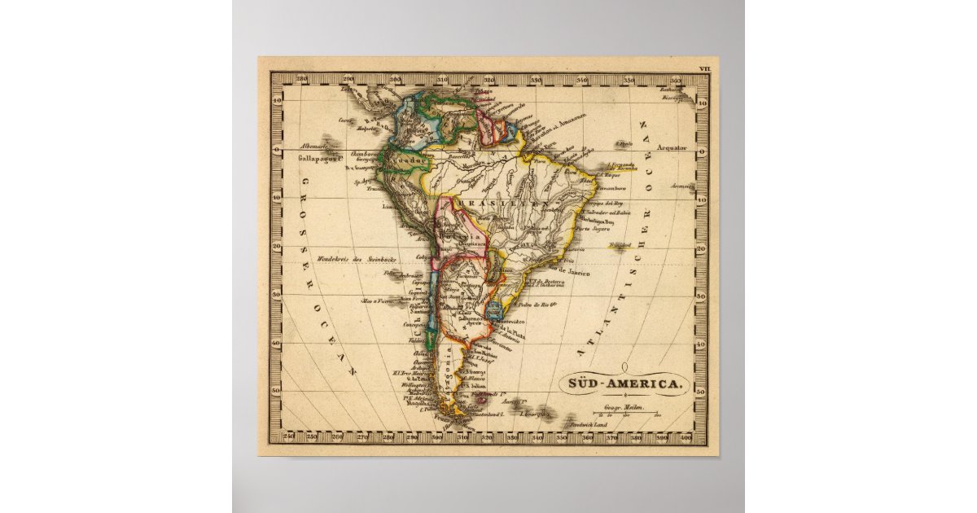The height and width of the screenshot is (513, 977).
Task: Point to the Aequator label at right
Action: tap(673, 149)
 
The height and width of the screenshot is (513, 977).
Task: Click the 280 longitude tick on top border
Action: tap(303, 81)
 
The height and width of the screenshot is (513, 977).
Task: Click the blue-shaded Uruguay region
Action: tap(493, 309)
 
